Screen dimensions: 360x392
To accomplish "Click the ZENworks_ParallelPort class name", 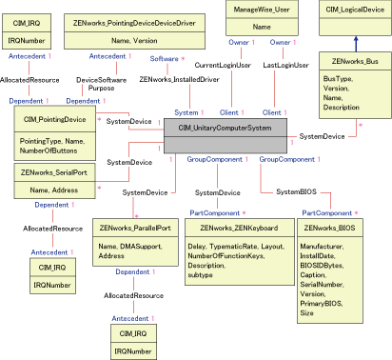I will point(133,229).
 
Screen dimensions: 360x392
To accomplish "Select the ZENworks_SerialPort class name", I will point(54,172).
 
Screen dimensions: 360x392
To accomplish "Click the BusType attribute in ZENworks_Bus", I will point(338,79).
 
